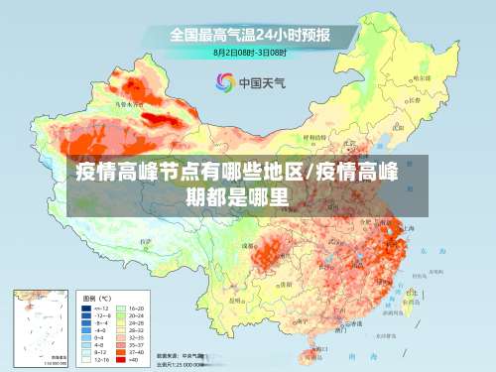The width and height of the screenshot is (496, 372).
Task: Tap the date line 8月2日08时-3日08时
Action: (250, 52)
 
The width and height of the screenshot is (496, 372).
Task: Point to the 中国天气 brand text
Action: (263, 82)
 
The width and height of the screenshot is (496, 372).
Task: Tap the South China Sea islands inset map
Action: (41, 327)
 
